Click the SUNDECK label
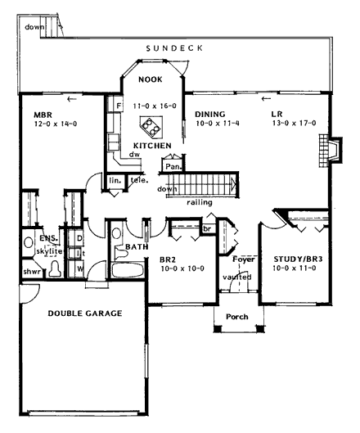[x=176, y=49]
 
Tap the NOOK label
[x=149, y=80]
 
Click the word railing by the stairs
[x=201, y=199]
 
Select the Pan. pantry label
[x=172, y=165]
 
